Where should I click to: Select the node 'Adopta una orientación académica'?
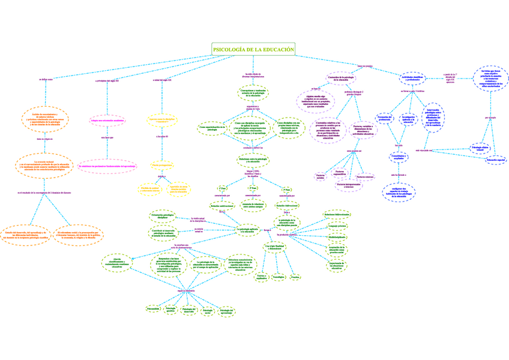click(107, 120)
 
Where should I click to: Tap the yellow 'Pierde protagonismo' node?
click(162, 165)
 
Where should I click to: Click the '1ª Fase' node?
click(222, 188)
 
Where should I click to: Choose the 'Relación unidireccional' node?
click(222, 205)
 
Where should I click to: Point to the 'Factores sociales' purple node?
click(320, 176)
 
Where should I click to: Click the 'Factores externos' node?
click(365, 176)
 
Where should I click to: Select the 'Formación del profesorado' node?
click(384, 118)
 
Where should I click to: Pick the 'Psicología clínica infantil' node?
click(481, 147)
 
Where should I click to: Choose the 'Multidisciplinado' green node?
click(337, 236)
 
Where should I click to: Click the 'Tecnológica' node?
click(278, 277)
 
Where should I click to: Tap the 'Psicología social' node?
click(208, 311)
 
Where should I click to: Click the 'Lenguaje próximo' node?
click(337, 226)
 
